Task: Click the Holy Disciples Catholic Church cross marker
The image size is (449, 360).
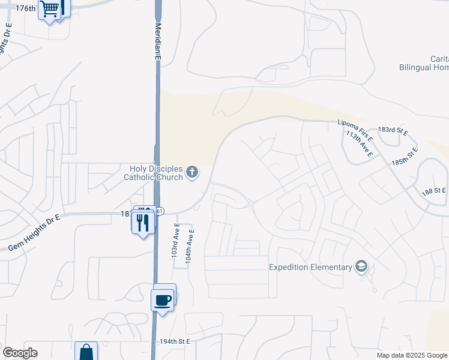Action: tap(192, 173)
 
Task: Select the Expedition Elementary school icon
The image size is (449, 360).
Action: tap(361, 267)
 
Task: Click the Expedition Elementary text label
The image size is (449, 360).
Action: tap(310, 267)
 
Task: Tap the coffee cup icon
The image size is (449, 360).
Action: tap(163, 298)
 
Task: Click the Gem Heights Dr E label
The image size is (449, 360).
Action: tap(34, 232)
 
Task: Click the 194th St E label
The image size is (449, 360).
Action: tap(175, 341)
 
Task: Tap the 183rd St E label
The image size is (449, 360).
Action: tap(393, 130)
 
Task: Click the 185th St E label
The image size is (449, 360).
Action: tap(404, 157)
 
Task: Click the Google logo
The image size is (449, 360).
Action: tap(20, 353)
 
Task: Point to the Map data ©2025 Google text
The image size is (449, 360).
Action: tap(412, 355)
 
